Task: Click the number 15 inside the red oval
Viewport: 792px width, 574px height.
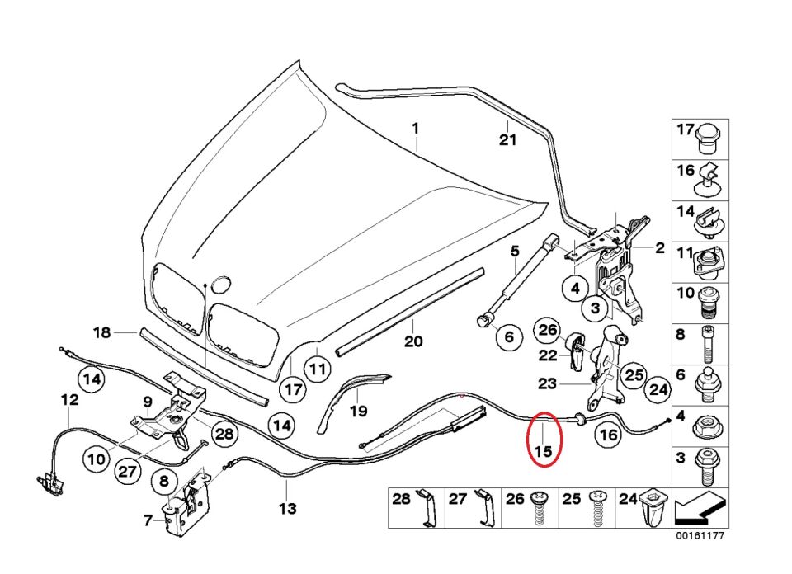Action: [x=544, y=451]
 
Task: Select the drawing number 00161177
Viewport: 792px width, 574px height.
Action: [x=700, y=536]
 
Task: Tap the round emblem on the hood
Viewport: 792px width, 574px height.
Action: [x=220, y=285]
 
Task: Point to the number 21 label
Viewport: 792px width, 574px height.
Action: [x=507, y=139]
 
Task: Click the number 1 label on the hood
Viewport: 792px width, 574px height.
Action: [x=416, y=129]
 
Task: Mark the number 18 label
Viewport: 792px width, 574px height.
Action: [x=101, y=333]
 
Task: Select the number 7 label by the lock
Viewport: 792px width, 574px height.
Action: [x=148, y=520]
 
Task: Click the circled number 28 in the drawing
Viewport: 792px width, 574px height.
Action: [x=224, y=434]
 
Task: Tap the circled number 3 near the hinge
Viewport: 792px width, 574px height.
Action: [x=596, y=310]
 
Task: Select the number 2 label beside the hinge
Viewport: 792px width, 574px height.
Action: [x=660, y=247]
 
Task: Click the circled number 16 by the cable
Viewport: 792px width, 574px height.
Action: [x=607, y=435]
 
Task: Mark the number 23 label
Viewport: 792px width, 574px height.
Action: [x=547, y=383]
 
